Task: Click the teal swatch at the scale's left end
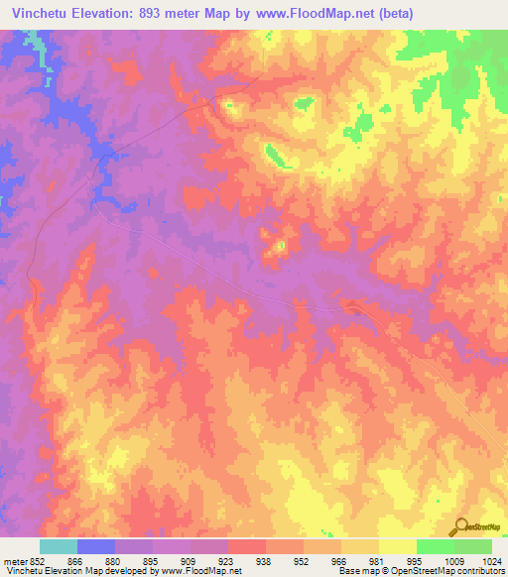(x=59, y=546)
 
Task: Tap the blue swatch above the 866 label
(x=96, y=546)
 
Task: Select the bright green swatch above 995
(x=436, y=546)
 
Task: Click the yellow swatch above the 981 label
(x=360, y=546)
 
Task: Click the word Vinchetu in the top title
(x=36, y=14)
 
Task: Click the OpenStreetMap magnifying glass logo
(x=462, y=525)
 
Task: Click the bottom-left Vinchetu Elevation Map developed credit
(x=121, y=572)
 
